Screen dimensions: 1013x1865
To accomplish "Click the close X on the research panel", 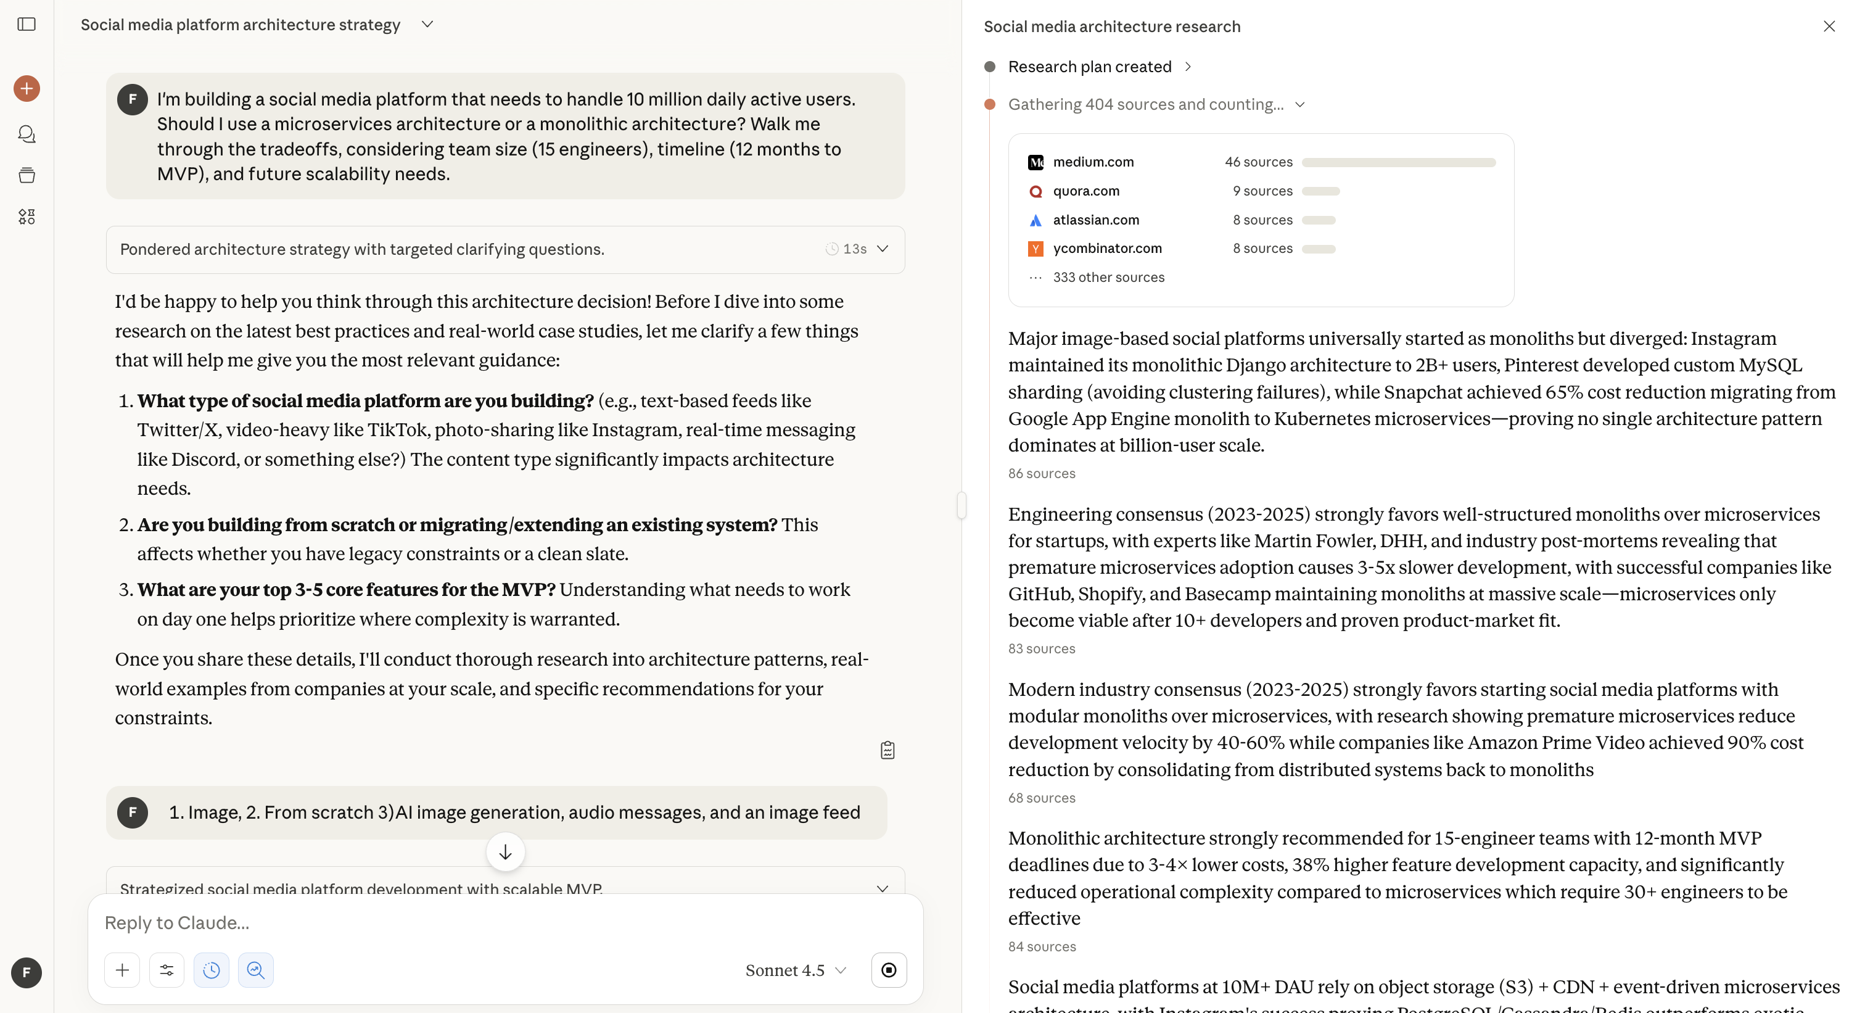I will [1829, 26].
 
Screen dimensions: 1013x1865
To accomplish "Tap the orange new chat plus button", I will [27, 88].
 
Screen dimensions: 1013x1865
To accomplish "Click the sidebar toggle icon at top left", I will [27, 25].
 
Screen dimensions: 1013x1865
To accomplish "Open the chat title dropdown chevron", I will [427, 25].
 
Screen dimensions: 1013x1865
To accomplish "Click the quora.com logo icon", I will [1035, 191].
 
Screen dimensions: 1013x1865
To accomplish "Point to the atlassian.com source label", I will [1095, 220].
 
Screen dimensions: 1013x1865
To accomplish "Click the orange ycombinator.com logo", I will [1035, 249].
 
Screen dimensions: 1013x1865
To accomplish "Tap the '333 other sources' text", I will [1108, 278].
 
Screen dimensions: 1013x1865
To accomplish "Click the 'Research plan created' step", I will [1089, 67].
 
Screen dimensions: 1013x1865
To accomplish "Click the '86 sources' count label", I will [1041, 474].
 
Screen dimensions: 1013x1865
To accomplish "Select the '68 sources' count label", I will [1041, 798].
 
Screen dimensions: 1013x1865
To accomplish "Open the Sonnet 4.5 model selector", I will [795, 970].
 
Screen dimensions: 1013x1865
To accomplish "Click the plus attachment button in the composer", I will [122, 970].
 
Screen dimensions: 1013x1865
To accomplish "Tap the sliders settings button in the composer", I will [167, 970].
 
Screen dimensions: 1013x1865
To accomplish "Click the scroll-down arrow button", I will [505, 852].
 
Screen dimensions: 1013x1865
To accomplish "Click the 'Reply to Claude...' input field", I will [434, 923].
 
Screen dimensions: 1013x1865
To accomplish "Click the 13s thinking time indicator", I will [847, 249].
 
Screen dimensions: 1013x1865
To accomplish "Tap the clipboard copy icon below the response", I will [887, 750].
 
